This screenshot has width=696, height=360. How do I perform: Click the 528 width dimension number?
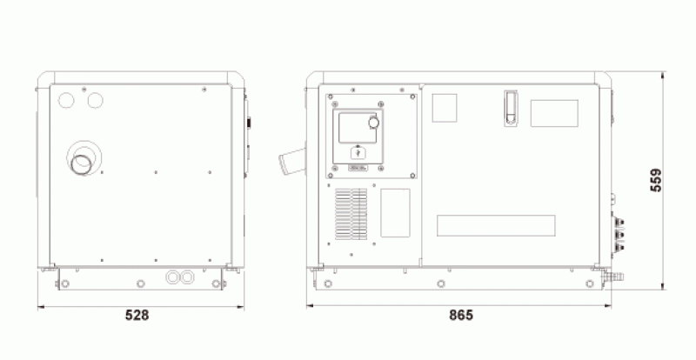pos(137,315)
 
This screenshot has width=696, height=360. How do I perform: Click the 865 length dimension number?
pos(461,315)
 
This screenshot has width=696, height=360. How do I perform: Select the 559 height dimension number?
pos(656,180)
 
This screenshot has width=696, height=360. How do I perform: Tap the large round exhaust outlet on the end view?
pos(82,164)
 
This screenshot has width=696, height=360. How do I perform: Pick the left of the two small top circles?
pos(66,101)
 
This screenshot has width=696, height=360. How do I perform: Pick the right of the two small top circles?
pos(95,101)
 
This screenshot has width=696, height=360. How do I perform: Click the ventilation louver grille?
pos(351,215)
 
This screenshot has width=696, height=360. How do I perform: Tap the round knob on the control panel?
pos(374,122)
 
